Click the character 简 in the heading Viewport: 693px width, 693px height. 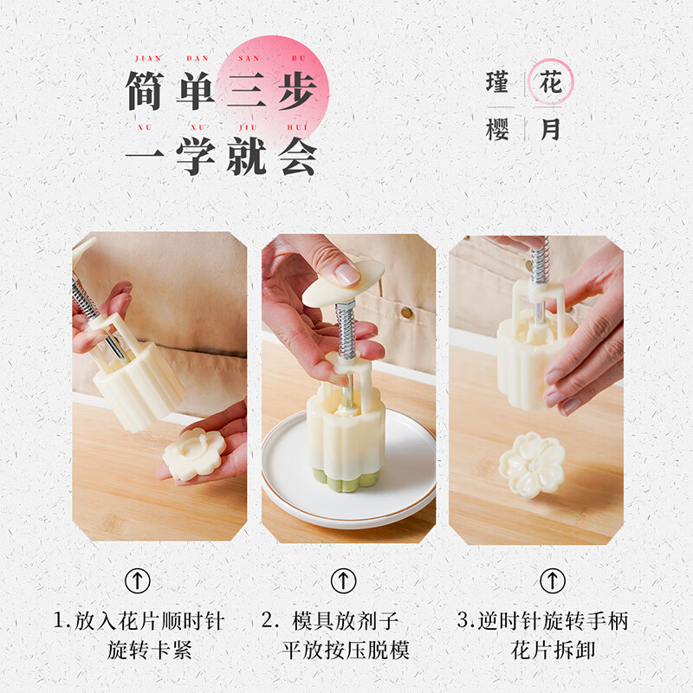click(x=146, y=90)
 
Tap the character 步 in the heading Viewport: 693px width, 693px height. click(x=295, y=90)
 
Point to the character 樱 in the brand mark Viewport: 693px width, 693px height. click(x=499, y=129)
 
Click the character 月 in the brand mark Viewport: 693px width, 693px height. click(x=550, y=129)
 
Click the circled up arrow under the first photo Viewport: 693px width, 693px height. click(x=138, y=580)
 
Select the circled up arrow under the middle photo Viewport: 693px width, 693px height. click(x=344, y=580)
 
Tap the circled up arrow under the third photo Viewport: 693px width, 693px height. click(x=552, y=580)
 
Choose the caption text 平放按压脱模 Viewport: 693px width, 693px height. click(x=346, y=649)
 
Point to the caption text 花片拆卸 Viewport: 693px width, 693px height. click(x=553, y=649)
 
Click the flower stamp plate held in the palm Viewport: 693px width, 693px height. click(x=195, y=453)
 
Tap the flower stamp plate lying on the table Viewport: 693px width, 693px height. click(x=532, y=463)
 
